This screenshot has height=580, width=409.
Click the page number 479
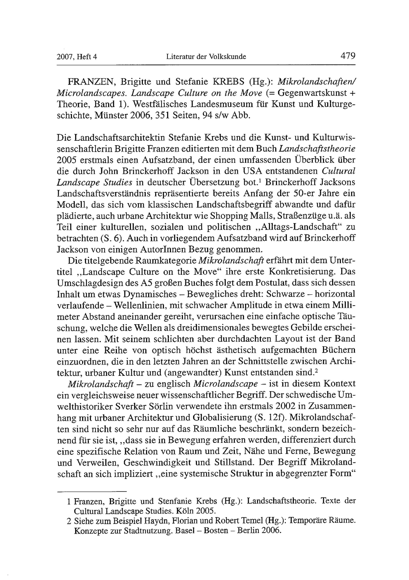348,56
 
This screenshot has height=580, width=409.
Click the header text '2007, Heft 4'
77,57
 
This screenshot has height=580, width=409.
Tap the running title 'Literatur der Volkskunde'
206,57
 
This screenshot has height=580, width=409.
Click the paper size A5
146,283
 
